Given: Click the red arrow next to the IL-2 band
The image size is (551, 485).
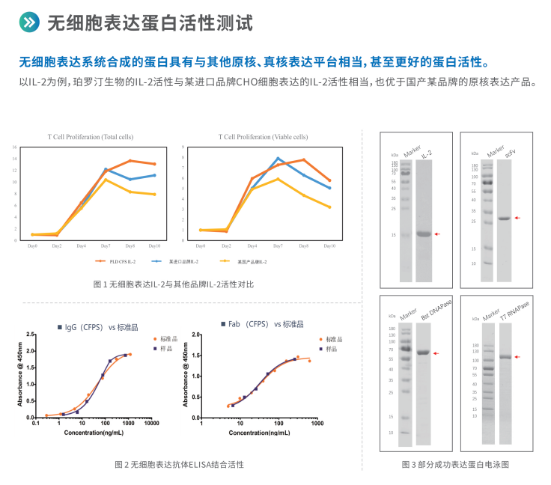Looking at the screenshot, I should (x=438, y=234).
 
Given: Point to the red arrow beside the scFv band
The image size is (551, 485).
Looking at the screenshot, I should (x=517, y=218).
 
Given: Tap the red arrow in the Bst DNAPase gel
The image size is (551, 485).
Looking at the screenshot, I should (x=437, y=353).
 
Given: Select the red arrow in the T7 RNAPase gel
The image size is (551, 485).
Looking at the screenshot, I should (x=517, y=357).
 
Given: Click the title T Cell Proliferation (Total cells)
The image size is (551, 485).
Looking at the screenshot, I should (x=91, y=137).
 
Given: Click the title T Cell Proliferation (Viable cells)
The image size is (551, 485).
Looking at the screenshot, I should (x=263, y=137).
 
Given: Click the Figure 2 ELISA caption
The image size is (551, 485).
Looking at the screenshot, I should (x=179, y=464).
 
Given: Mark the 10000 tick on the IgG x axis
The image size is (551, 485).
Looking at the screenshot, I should (x=152, y=424).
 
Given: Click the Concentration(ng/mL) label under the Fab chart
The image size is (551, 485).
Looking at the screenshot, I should (x=258, y=433).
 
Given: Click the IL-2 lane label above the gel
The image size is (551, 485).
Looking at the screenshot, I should (x=426, y=153).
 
